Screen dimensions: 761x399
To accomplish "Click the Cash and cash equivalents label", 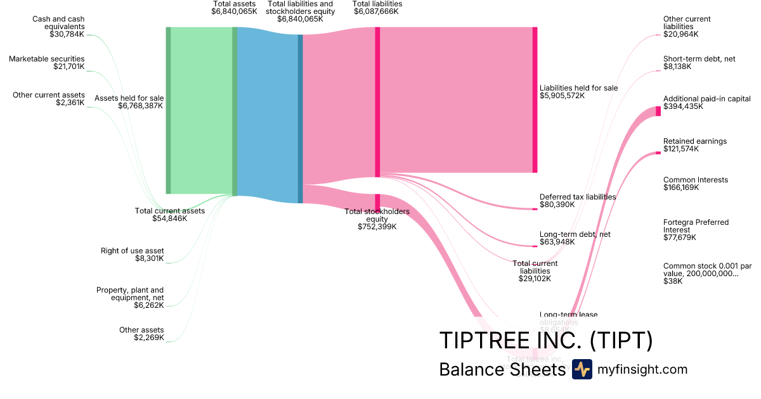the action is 58,27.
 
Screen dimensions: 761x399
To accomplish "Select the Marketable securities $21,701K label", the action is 46,63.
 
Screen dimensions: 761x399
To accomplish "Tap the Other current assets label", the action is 48,99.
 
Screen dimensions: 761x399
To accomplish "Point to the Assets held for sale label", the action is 129,102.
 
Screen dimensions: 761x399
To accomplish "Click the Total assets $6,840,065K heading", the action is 235,8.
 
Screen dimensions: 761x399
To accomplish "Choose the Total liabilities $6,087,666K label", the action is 377,8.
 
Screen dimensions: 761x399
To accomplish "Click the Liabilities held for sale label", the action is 578,92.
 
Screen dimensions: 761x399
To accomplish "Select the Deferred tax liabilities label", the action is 577,201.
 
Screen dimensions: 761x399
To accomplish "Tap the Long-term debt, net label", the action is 575,238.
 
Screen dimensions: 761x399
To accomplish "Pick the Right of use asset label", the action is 133,255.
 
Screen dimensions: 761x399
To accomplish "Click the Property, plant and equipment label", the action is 130,298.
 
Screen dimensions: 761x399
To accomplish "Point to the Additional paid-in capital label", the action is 706,103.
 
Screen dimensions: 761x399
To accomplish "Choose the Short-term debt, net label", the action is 699,62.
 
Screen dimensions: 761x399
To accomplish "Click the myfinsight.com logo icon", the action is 582,369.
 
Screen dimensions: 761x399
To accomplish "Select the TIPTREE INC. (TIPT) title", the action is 545,341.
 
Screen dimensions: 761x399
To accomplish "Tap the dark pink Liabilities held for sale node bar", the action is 535,100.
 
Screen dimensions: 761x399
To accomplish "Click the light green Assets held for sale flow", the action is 201,111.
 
